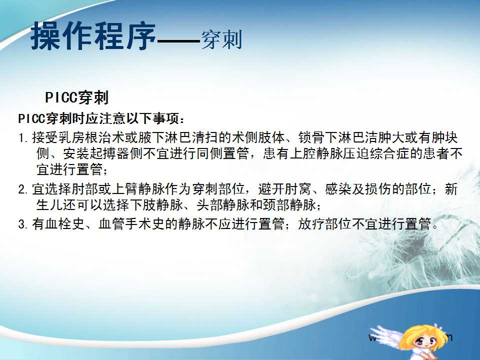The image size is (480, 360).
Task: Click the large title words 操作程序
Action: coord(93,36)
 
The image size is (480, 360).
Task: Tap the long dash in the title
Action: coord(178,40)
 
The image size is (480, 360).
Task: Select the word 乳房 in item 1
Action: coord(65,137)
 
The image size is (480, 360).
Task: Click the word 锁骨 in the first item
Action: coord(311,137)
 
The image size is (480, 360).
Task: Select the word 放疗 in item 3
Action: coord(311,224)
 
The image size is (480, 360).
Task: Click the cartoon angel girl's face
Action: coord(424,340)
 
